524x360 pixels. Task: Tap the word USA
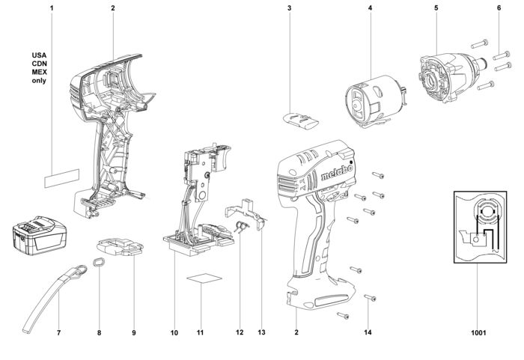point(39,55)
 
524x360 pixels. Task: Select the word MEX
point(39,72)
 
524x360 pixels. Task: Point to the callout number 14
point(367,332)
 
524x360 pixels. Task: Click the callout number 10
point(174,332)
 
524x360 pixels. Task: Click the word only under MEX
point(39,80)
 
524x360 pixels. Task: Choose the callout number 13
point(261,332)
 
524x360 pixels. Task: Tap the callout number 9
point(134,332)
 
